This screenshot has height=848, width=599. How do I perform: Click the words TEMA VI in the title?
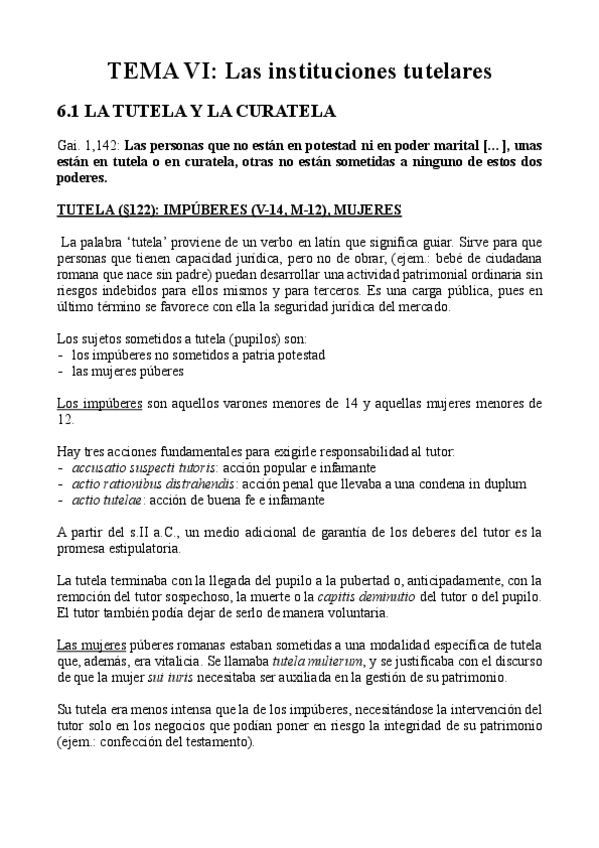tap(160, 72)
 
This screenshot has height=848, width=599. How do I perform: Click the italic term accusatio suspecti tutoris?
tap(143, 467)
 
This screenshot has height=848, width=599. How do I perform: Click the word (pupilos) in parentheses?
tap(234, 338)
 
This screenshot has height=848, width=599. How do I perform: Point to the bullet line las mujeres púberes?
tap(129, 371)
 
